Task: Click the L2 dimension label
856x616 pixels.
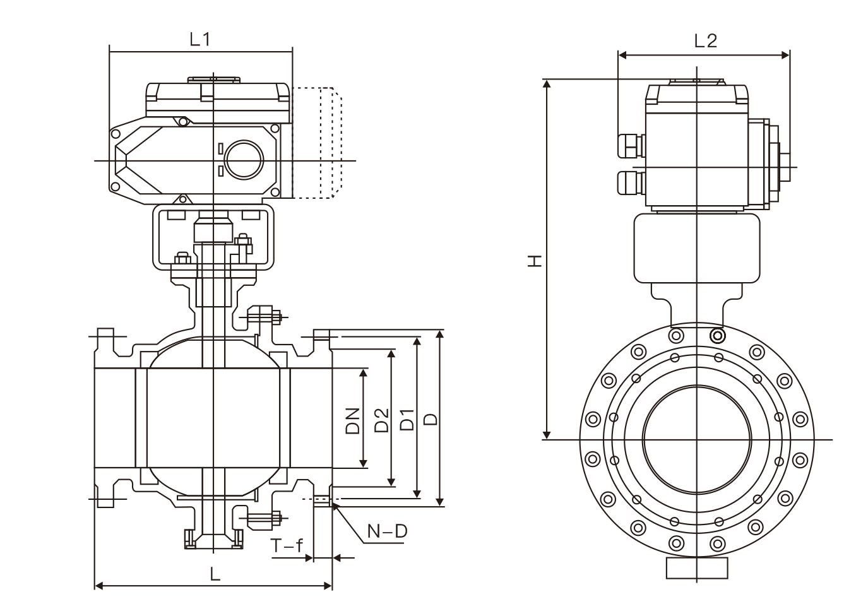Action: coord(705,41)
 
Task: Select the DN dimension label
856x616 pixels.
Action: coord(352,420)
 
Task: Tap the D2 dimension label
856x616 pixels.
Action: coord(381,420)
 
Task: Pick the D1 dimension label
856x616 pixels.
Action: coord(408,420)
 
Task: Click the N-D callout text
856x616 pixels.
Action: coord(388,531)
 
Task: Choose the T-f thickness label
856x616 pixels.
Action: coord(287,547)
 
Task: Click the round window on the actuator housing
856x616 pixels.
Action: coord(243,159)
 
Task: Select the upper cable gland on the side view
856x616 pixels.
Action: coord(630,143)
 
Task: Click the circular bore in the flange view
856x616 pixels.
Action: coord(697,439)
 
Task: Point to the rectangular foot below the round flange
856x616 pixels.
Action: coord(697,568)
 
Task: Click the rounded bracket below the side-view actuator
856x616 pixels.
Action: coord(696,248)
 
